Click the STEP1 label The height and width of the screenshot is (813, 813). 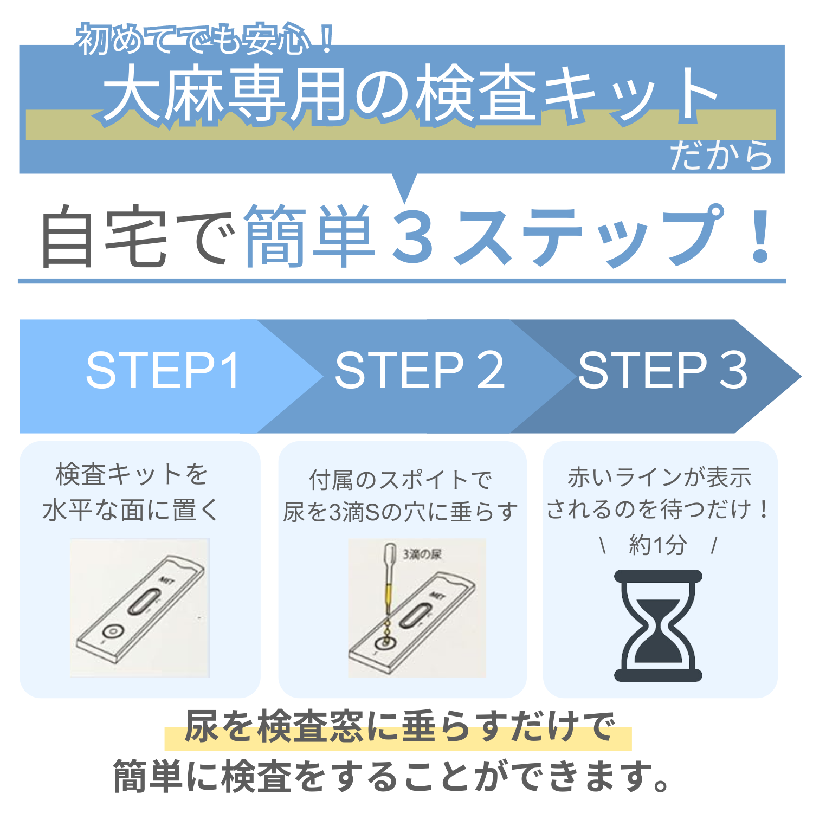click(163, 370)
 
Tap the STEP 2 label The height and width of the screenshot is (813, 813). click(420, 370)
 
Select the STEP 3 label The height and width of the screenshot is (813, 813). click(662, 370)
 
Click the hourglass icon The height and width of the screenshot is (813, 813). click(658, 625)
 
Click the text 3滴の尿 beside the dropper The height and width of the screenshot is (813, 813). click(422, 554)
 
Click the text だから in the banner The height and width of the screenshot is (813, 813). click(721, 155)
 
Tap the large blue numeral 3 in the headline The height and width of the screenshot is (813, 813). click(414, 236)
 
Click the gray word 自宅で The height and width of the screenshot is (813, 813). click(139, 236)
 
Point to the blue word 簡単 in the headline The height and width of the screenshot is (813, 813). click(310, 236)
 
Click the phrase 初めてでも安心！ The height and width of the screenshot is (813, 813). click(205, 39)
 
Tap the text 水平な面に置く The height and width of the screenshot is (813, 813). click(130, 510)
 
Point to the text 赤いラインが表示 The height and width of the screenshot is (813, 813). click(659, 478)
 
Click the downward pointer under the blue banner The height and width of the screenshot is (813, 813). click(404, 187)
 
